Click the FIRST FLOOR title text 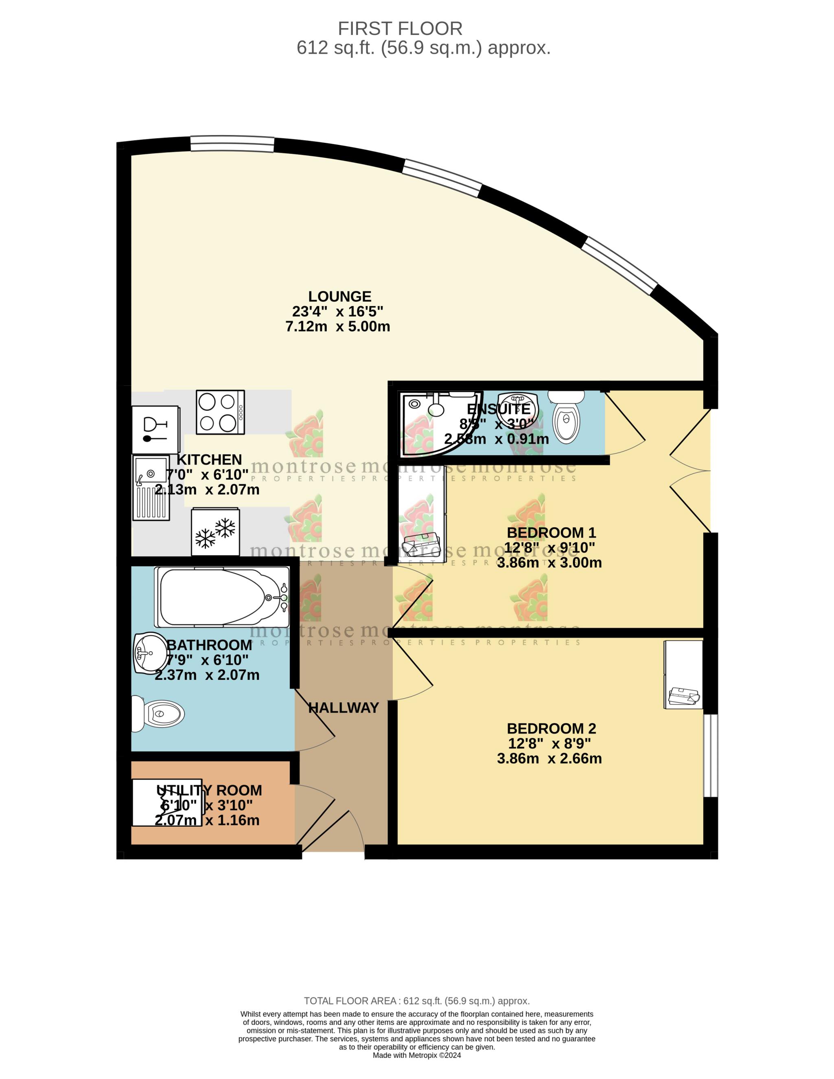[x=400, y=28]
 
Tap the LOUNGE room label [x=339, y=297]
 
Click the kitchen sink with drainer [x=151, y=487]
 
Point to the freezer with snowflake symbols [x=216, y=532]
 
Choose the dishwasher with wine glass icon [x=155, y=429]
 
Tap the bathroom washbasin [x=150, y=653]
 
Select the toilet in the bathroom [x=158, y=714]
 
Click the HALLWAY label [x=344, y=708]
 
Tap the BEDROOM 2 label [x=551, y=729]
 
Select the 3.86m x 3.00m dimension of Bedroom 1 [x=549, y=563]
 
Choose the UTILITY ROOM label [x=209, y=791]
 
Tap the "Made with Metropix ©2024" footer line [x=417, y=1055]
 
